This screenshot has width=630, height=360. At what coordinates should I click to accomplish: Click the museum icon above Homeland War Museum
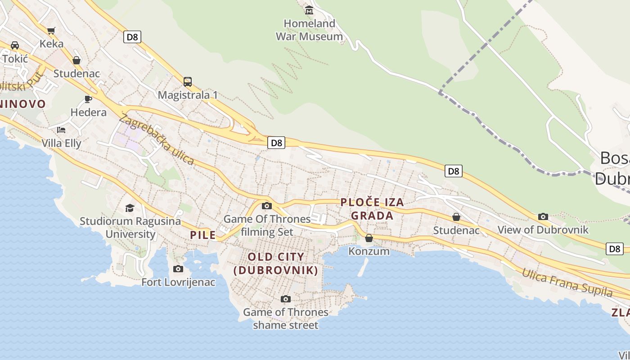tap(309, 10)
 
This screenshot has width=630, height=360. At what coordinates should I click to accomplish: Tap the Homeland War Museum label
tap(309, 30)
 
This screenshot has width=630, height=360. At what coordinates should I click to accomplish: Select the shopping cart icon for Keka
tap(51, 31)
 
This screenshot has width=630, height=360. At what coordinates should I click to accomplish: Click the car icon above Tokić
tap(15, 45)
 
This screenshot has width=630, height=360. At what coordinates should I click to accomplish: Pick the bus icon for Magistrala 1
tap(188, 82)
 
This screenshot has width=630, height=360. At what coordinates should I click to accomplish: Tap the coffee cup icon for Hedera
tap(88, 99)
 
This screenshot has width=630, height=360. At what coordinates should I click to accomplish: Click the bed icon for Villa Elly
tap(61, 130)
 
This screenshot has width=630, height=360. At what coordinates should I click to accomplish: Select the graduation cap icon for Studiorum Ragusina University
tap(130, 207)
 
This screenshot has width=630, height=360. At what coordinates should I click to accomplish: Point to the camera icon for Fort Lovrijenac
tap(178, 269)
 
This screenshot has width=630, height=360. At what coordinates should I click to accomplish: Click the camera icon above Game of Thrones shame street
tap(285, 299)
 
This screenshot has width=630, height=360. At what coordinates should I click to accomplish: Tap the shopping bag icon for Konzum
tap(369, 238)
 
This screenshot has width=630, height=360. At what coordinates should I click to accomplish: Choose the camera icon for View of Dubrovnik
tap(543, 216)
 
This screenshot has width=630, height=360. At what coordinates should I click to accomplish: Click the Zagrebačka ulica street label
tap(157, 139)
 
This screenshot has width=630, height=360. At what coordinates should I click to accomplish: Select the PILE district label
tap(202, 235)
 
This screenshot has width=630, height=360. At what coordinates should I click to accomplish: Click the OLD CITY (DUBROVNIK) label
tap(276, 264)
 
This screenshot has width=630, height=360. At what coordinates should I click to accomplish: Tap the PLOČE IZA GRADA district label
tap(372, 209)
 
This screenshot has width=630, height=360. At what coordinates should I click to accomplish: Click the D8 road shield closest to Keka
tap(132, 37)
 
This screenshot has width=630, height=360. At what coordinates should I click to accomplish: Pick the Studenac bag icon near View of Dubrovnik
tap(456, 217)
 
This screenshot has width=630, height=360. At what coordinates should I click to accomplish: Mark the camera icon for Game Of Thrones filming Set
tap(267, 206)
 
